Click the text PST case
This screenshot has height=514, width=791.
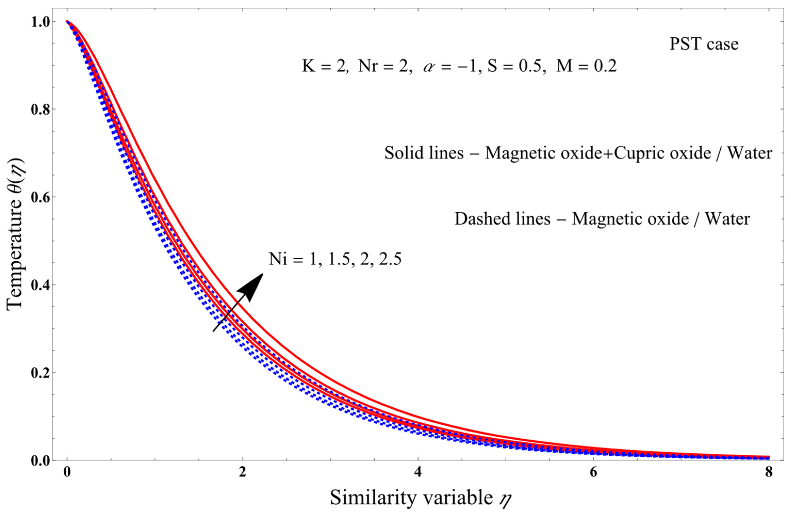(704, 44)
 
